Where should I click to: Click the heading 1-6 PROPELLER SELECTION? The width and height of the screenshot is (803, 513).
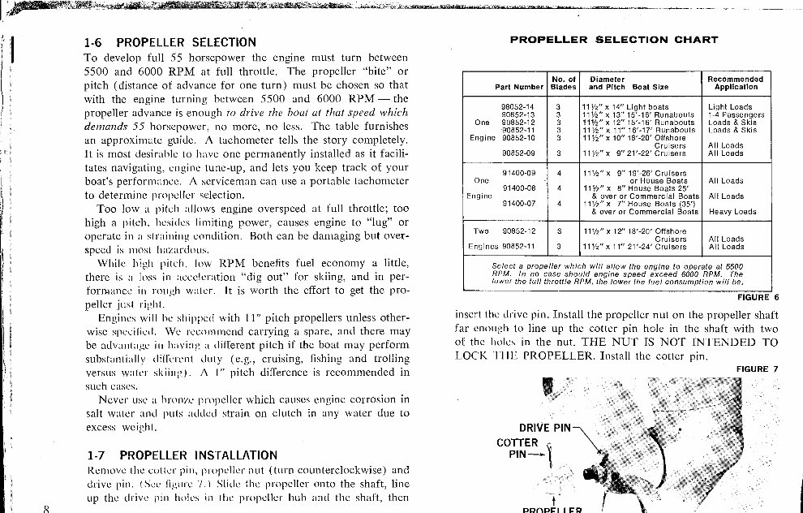click(170, 42)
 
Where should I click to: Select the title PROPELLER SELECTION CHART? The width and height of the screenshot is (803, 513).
click(613, 40)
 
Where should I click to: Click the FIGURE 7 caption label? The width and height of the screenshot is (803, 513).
click(757, 369)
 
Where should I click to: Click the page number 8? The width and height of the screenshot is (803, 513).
click(46, 508)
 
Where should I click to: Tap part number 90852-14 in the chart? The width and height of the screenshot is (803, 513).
click(518, 107)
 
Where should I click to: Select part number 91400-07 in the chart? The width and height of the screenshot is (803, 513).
click(518, 203)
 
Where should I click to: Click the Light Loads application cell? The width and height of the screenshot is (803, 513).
click(730, 107)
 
